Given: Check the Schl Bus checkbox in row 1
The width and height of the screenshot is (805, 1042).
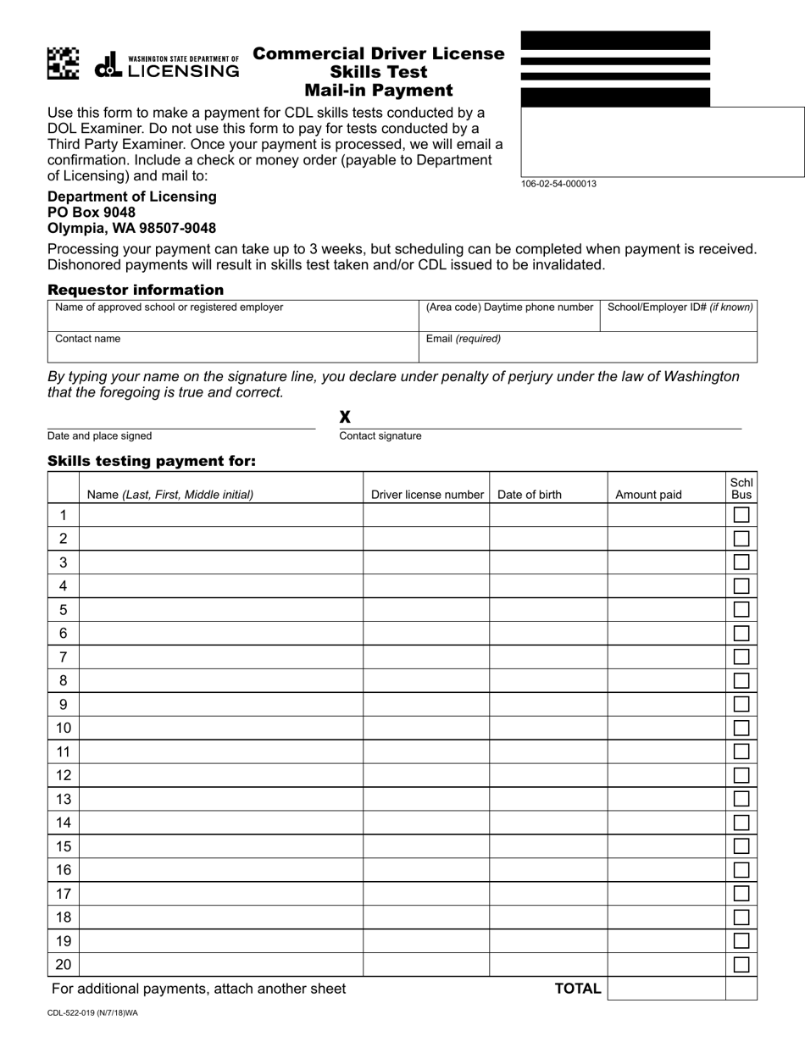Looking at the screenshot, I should (x=741, y=514).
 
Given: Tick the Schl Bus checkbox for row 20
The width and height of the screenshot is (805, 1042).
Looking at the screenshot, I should (x=741, y=964).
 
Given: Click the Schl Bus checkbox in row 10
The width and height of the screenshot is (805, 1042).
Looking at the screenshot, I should (x=741, y=728).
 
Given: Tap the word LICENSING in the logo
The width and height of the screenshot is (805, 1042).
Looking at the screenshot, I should (x=183, y=72).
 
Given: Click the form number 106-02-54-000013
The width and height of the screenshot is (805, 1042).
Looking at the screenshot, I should (x=558, y=184).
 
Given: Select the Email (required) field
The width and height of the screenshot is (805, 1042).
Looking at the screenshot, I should (x=587, y=347).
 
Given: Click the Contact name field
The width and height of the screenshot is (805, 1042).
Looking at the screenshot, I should (x=233, y=347).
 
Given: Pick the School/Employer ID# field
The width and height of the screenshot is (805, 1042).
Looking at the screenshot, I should (x=678, y=315).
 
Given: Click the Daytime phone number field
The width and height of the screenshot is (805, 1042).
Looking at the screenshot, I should (x=508, y=315).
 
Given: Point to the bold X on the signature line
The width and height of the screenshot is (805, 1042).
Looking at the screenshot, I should (x=345, y=417).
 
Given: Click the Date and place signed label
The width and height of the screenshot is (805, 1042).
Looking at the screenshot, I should (x=100, y=436).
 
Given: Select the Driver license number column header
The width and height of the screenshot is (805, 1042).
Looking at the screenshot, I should (x=427, y=495).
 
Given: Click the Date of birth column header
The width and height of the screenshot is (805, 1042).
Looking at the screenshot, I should (x=530, y=495).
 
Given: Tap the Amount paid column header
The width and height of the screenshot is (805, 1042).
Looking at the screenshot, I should (x=648, y=495).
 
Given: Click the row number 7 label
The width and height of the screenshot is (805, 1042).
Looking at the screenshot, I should (x=63, y=657).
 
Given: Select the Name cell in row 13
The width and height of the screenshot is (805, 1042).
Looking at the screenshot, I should (x=220, y=799).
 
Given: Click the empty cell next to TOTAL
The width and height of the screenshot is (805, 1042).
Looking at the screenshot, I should (x=666, y=989).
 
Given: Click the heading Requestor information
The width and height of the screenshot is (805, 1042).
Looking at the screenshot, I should (x=136, y=290).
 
